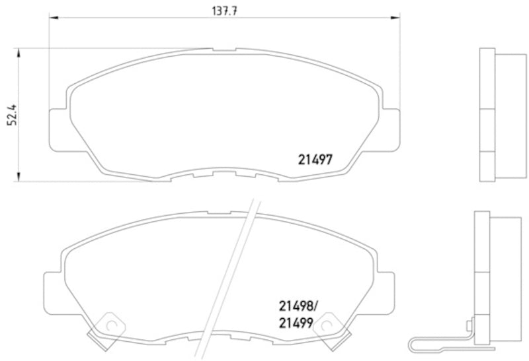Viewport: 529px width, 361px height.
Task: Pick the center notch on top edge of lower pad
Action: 219,212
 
